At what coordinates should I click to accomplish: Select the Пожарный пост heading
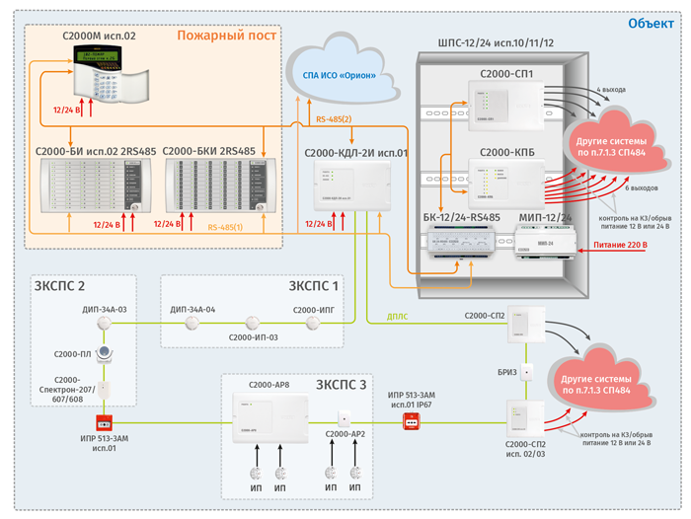coord(226,36)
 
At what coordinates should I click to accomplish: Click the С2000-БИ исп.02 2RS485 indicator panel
coord(91,187)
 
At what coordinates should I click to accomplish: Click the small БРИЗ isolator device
coord(527,372)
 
